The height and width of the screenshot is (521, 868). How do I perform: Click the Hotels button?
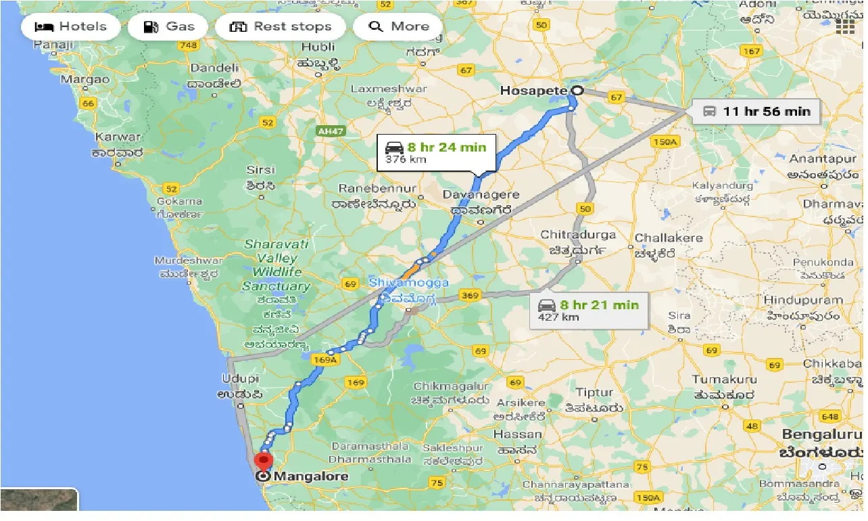[x=71, y=27]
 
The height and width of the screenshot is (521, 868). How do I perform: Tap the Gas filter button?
[x=170, y=27]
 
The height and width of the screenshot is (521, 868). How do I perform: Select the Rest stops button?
[x=281, y=27]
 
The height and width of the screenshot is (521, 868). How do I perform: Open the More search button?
[x=399, y=27]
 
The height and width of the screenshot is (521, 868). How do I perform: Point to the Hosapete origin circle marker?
[x=578, y=91]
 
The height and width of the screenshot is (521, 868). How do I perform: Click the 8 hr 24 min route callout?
[x=436, y=152]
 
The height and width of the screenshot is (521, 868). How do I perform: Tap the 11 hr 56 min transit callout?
[x=756, y=111]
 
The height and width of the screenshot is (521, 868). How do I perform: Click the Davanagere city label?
[x=481, y=195]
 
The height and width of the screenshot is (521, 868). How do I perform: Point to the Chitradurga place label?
[x=578, y=235]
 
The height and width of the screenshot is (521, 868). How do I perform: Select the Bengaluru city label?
[x=822, y=434]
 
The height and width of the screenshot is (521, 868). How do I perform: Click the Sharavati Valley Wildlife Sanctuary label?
[x=276, y=265]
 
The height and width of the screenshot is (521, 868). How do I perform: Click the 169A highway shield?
[x=324, y=361]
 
